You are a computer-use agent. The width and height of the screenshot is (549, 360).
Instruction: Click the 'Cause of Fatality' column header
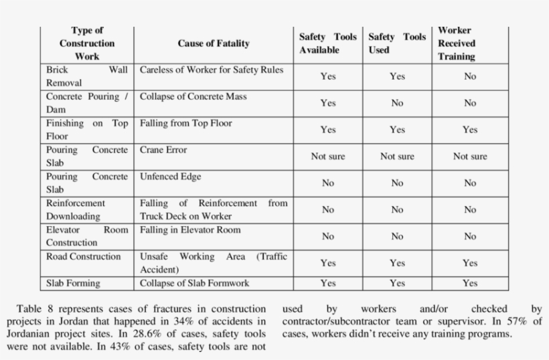tap(213, 43)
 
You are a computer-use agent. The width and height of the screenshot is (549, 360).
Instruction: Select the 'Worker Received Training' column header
tap(456, 43)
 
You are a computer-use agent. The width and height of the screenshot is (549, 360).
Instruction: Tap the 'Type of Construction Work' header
tap(87, 43)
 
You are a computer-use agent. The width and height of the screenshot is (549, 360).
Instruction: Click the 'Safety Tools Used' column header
tap(397, 43)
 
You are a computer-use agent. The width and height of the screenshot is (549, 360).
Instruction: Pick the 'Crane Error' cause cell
tap(163, 150)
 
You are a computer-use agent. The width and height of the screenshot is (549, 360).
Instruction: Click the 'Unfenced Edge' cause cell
tap(170, 177)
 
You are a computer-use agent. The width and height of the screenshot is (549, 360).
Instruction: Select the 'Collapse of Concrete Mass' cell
tap(193, 96)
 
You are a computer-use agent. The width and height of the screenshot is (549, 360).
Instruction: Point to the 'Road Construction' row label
tap(84, 256)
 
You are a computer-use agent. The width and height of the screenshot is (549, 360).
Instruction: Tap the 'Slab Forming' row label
tap(73, 283)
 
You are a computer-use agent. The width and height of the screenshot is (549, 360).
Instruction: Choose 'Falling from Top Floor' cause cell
tap(186, 123)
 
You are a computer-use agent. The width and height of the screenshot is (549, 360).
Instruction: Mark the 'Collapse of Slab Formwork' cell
tap(194, 283)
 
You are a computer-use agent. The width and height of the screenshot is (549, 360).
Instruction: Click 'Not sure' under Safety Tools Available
tap(328, 157)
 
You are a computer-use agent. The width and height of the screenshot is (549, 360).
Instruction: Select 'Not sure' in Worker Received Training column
tap(470, 157)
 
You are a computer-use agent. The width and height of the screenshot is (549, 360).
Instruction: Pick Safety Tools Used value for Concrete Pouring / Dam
tap(397, 103)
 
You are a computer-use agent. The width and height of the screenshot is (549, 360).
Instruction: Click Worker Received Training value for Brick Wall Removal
tap(470, 76)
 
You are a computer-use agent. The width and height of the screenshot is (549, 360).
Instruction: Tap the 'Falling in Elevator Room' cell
tap(190, 230)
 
